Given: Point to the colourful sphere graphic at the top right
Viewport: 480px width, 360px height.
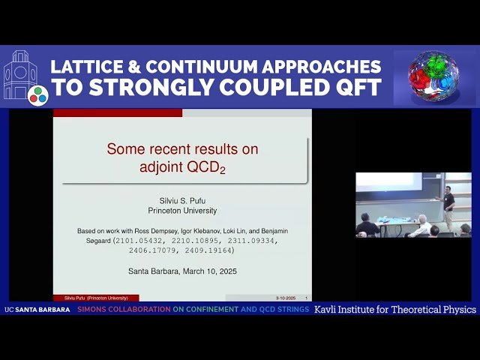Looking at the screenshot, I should click(x=433, y=77).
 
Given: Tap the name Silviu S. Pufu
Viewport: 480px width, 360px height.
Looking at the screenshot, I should click(x=182, y=200).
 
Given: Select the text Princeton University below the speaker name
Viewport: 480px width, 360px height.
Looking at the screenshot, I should click(x=182, y=211).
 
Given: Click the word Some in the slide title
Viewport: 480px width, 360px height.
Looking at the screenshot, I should click(x=124, y=149).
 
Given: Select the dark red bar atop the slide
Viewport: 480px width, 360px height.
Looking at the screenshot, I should click(x=118, y=112).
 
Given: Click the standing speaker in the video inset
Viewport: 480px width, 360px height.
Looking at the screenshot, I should click(x=448, y=208).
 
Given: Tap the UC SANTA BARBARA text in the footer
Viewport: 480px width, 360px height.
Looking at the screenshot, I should click(x=37, y=310).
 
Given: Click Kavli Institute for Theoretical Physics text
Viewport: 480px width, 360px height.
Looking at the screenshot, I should click(x=394, y=310).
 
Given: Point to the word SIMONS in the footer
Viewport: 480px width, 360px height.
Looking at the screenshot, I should click(x=94, y=310).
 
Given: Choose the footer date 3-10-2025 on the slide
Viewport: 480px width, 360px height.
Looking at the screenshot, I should click(x=285, y=298).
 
